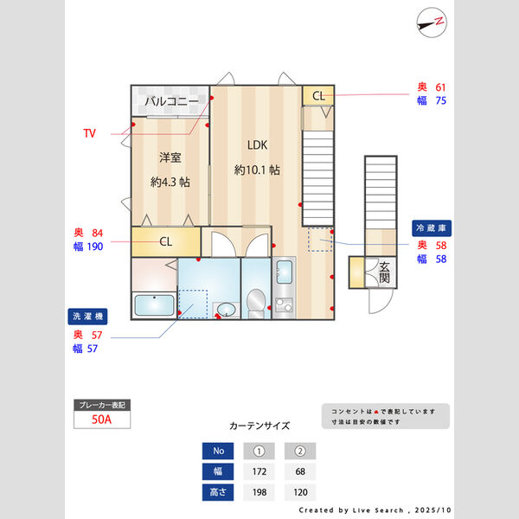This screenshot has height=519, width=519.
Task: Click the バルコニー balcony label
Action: [x=171, y=101]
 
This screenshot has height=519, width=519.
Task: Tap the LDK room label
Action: [x=257, y=145]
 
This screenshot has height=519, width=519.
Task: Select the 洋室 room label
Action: [x=170, y=157]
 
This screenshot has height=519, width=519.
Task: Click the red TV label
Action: [x=90, y=133]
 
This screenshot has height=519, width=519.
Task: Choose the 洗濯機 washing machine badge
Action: [x=89, y=317]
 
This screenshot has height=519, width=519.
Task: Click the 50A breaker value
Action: [x=103, y=420]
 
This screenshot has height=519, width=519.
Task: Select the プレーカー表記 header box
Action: [x=103, y=405]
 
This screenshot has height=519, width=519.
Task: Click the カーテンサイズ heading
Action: [x=259, y=426]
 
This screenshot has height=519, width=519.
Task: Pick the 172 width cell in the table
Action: [x=259, y=472]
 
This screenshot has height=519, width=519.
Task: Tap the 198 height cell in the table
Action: [x=259, y=493]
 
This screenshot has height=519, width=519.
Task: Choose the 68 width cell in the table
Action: [x=300, y=472]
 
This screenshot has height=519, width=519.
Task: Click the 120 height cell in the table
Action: [x=300, y=493]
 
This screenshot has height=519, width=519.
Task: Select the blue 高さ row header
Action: [x=217, y=493]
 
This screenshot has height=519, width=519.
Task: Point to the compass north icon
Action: [x=431, y=22]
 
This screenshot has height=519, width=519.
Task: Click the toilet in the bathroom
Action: [x=256, y=304]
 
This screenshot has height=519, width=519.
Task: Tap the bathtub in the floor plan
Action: [x=154, y=305]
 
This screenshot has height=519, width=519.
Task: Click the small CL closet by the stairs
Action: [x=317, y=95]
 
